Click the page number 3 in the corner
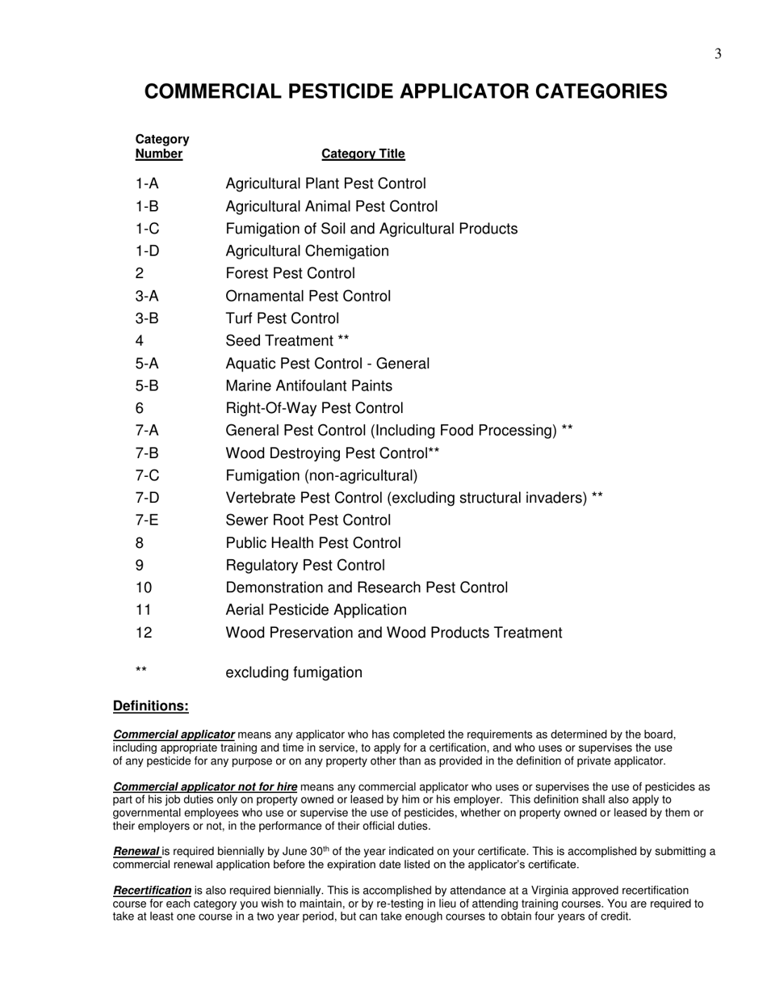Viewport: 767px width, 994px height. (718, 54)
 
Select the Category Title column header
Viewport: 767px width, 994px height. (363, 154)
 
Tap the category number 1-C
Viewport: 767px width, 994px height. (147, 229)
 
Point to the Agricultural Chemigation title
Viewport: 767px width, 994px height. (307, 251)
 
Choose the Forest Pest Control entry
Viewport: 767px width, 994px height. (290, 274)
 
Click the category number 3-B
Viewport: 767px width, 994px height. (147, 318)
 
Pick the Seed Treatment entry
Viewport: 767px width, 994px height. (287, 341)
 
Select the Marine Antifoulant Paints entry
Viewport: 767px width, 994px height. (308, 386)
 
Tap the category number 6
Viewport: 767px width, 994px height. (140, 409)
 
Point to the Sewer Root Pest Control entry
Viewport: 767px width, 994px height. (308, 520)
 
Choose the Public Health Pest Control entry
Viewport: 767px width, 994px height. (312, 543)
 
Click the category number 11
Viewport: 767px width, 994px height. (144, 610)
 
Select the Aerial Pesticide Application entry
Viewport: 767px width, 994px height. (316, 610)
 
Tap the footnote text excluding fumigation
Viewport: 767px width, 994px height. (294, 673)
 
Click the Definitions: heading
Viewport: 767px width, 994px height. (151, 706)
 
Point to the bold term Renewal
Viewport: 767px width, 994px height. (136, 851)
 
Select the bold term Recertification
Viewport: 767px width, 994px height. (152, 891)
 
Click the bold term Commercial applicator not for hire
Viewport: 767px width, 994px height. (205, 786)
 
